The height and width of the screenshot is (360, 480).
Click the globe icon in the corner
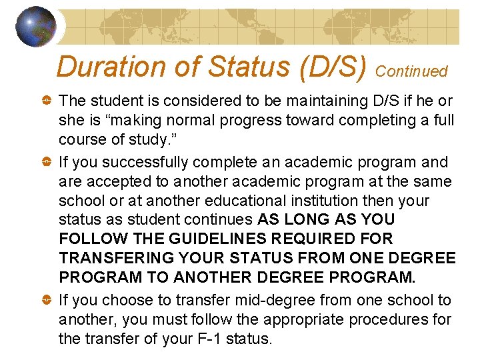click(36, 27)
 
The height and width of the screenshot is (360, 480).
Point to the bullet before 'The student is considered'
click(46, 101)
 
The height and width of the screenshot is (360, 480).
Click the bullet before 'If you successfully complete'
click(46, 162)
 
